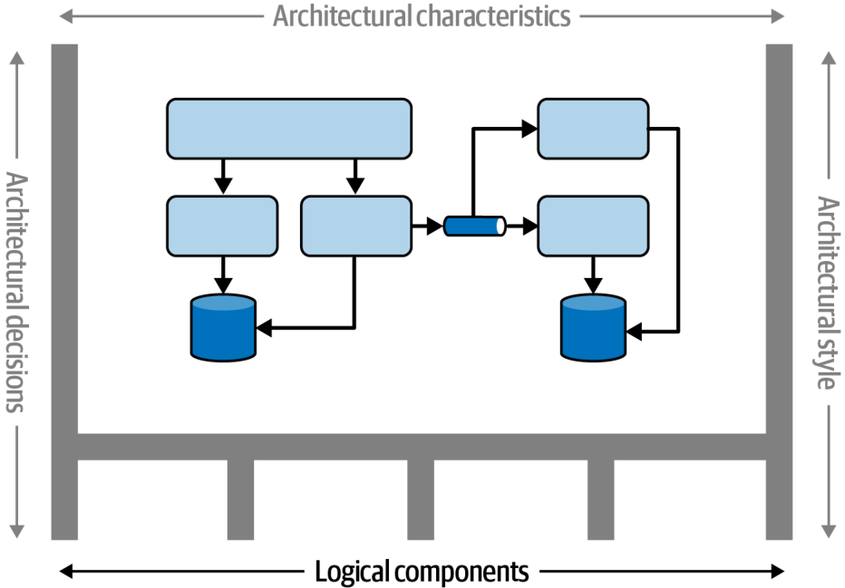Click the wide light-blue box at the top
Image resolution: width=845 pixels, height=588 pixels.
pyautogui.click(x=289, y=129)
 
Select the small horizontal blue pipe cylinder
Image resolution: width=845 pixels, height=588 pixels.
pyautogui.click(x=475, y=227)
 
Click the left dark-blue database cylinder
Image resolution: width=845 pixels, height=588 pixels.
pyautogui.click(x=223, y=327)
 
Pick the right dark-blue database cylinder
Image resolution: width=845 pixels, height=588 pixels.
pyautogui.click(x=593, y=327)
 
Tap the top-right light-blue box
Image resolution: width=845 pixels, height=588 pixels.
pyautogui.click(x=593, y=129)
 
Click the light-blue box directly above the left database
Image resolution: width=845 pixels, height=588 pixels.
pyautogui.click(x=222, y=227)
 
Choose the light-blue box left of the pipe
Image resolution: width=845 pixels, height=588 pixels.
pyautogui.click(x=356, y=227)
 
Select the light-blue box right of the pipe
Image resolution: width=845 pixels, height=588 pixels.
pyautogui.click(x=593, y=227)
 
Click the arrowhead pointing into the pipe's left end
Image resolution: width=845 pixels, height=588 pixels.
pyautogui.click(x=435, y=227)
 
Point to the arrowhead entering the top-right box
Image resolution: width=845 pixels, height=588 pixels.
pyautogui.click(x=529, y=129)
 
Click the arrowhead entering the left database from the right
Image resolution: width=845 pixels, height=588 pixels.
pyautogui.click(x=264, y=327)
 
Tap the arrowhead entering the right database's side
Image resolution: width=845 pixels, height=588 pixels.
pyautogui.click(x=635, y=332)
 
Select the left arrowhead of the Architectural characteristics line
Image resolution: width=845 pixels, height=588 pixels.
pyautogui.click(x=66, y=16)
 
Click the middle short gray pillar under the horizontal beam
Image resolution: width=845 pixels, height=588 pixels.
pyautogui.click(x=421, y=500)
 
